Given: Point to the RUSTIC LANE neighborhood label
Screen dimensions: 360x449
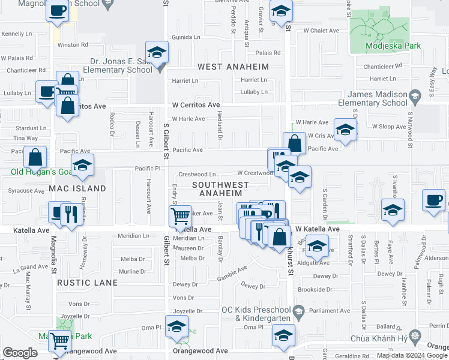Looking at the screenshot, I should click(84, 281).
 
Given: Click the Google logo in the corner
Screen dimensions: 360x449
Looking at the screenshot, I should click(20, 353).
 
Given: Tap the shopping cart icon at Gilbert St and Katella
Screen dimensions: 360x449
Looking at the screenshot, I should click(181, 216).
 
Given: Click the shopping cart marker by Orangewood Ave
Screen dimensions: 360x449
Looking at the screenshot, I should click(60, 341).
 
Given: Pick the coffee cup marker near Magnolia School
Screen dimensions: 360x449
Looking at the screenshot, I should click(58, 11).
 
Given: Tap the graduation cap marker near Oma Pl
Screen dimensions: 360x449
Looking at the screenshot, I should click(176, 328).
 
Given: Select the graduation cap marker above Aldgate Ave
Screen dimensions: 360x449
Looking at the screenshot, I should click(317, 245).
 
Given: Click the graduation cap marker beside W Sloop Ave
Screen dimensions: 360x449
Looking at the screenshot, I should click(345, 130).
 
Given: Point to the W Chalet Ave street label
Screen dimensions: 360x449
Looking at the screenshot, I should click(321, 30).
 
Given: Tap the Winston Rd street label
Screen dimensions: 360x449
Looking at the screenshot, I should click(72, 44).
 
